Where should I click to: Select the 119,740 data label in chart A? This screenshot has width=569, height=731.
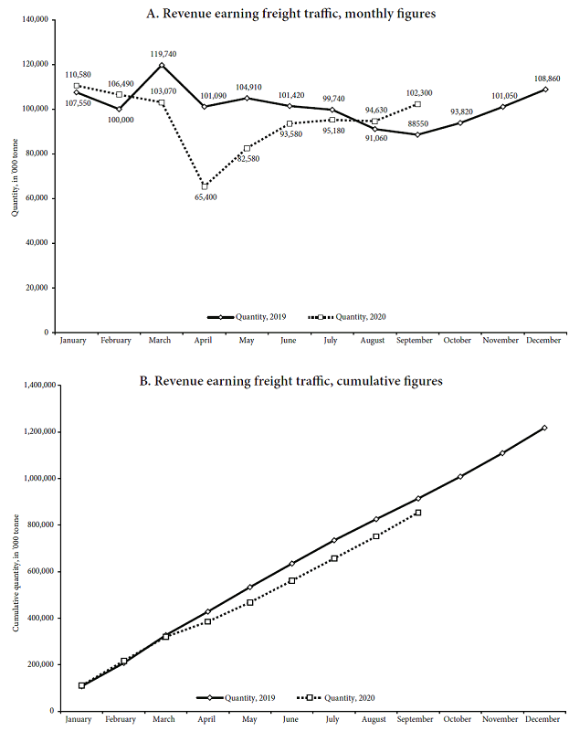[x=161, y=54]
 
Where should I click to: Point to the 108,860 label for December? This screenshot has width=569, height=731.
[x=543, y=78]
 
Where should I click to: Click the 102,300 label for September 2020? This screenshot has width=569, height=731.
[x=417, y=93]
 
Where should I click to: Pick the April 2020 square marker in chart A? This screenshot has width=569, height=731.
[x=205, y=186]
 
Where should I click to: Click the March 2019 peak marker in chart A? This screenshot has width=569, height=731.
[x=162, y=65]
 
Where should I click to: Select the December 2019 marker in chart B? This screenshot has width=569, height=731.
[x=544, y=428]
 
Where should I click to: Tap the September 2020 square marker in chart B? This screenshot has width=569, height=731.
[x=417, y=513]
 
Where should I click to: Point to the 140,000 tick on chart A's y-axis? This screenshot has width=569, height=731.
[x=33, y=19]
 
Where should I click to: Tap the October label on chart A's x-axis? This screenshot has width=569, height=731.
[x=458, y=341]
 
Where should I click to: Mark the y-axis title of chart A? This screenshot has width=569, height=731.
[x=14, y=175]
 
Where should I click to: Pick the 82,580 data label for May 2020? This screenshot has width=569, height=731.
[x=247, y=159]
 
